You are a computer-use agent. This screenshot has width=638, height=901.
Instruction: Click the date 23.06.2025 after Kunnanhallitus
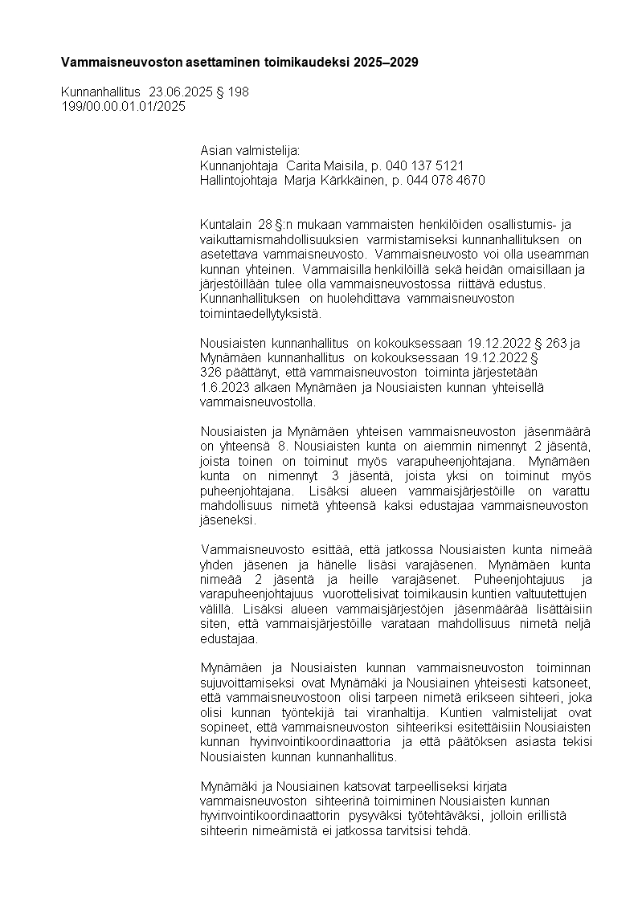[x=181, y=92]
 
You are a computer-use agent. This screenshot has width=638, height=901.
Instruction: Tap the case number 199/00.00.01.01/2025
[x=123, y=107]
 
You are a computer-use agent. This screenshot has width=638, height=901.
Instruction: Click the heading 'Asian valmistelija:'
[x=249, y=151]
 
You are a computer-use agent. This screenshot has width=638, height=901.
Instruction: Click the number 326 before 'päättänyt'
[x=211, y=373]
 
